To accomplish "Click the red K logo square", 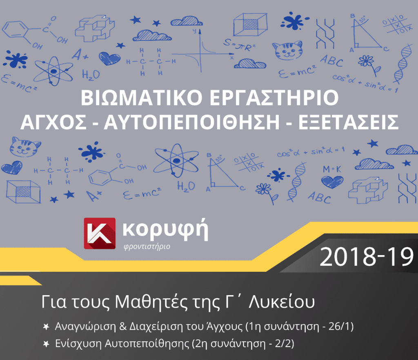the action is [x=100, y=233].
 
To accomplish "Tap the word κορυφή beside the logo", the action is [x=166, y=230].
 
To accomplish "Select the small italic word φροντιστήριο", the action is [x=147, y=247].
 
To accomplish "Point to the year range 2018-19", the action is [x=367, y=257].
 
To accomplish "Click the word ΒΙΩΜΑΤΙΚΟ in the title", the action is [x=141, y=98].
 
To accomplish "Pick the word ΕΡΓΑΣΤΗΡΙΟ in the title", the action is [x=274, y=98].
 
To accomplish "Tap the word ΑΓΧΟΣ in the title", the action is [x=53, y=122].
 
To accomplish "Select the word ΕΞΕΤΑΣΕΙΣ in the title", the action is [x=349, y=122].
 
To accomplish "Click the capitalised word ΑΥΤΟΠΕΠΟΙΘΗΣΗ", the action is [x=192, y=122].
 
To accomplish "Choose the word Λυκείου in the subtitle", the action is [x=282, y=302].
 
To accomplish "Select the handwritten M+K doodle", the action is [x=332, y=169].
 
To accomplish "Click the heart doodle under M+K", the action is [x=332, y=182].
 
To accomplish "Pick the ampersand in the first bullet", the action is [x=123, y=326].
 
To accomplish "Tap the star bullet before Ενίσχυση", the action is [x=46, y=344].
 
